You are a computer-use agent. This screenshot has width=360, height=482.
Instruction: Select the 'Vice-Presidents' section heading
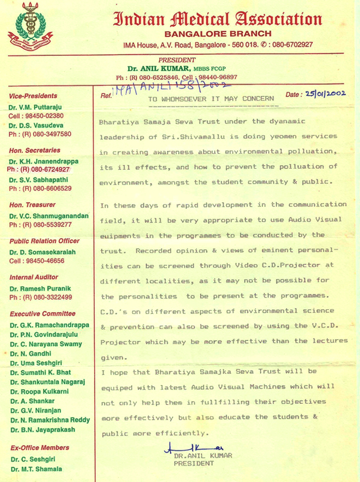pyautogui.click(x=33, y=96)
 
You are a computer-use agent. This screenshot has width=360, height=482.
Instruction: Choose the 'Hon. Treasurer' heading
pyautogui.click(x=32, y=205)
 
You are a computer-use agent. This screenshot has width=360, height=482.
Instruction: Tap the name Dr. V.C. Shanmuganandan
pyautogui.click(x=49, y=216)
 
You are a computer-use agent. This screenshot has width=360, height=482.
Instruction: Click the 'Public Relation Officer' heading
pyautogui.click(x=44, y=241)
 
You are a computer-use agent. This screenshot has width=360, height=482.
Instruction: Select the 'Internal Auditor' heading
pyautogui.click(x=34, y=277)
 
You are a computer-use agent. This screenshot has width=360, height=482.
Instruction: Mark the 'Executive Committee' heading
pyautogui.click(x=39, y=314)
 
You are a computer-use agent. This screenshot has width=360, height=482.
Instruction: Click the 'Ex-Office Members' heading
pyautogui.click(x=39, y=448)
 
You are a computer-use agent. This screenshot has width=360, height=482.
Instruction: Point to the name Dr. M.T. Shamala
pyautogui.click(x=35, y=469)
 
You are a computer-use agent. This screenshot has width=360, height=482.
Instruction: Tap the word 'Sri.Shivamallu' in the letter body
pyautogui.click(x=203, y=136)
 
